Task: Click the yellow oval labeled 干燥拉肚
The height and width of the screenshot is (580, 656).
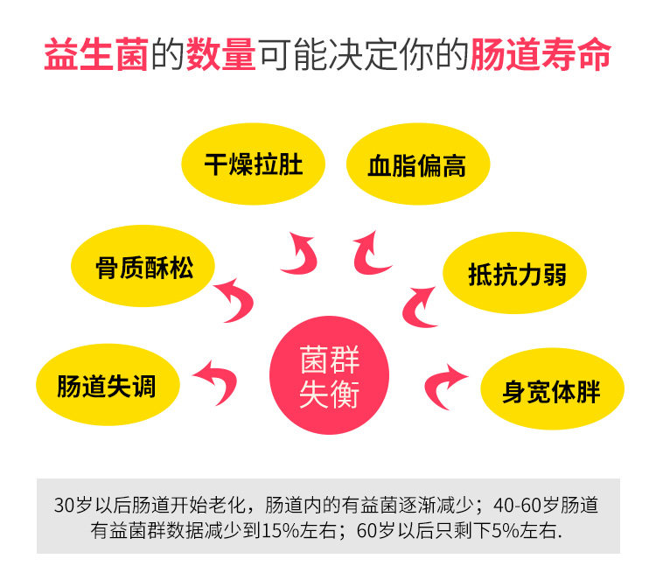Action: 253,164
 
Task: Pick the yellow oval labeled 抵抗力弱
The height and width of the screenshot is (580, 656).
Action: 516,274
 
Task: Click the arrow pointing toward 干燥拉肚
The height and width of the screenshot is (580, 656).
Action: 300,254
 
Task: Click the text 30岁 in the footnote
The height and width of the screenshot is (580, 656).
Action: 72,507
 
